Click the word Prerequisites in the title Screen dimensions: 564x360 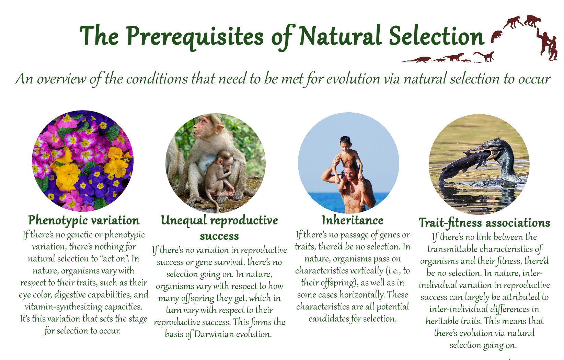click(195, 36)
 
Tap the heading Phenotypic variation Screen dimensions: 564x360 click(84, 221)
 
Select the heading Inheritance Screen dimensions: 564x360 click(353, 220)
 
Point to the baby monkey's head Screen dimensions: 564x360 click(226, 158)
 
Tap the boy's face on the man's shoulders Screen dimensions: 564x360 click(344, 145)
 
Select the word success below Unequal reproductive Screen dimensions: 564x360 click(219, 236)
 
